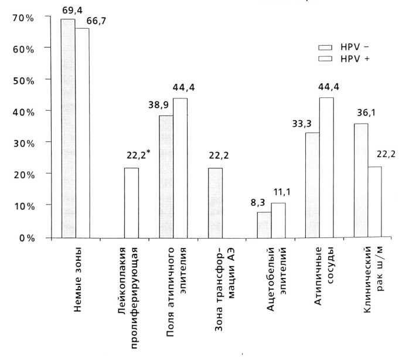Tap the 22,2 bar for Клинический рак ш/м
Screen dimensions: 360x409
tap(374, 202)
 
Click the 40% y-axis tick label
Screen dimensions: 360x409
tap(23, 111)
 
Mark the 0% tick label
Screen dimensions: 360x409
tap(25, 238)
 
